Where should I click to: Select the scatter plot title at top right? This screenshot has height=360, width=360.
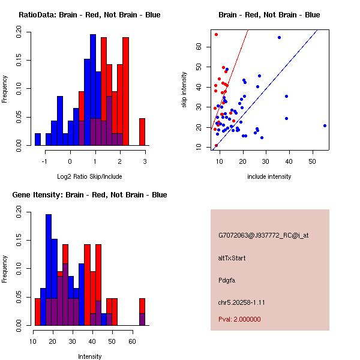coord(269,14)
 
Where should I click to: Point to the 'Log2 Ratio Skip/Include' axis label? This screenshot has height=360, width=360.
coord(89,176)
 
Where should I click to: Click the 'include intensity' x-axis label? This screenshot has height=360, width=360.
coord(269,176)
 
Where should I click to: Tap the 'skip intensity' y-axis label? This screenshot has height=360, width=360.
coord(184,90)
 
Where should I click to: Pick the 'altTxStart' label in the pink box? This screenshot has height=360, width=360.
coord(232,258)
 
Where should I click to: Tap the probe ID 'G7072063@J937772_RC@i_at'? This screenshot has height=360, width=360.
coord(259,236)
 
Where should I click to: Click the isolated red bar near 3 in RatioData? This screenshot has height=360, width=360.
coord(142,131)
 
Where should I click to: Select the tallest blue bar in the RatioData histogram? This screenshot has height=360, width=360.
coord(93,90)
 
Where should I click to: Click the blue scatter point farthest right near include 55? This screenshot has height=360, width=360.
coord(325,125)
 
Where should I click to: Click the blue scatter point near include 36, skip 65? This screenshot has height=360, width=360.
coord(279,37)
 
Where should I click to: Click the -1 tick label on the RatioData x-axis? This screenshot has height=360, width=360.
coord(45,161)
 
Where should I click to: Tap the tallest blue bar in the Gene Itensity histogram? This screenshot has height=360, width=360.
coord(49,270)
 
